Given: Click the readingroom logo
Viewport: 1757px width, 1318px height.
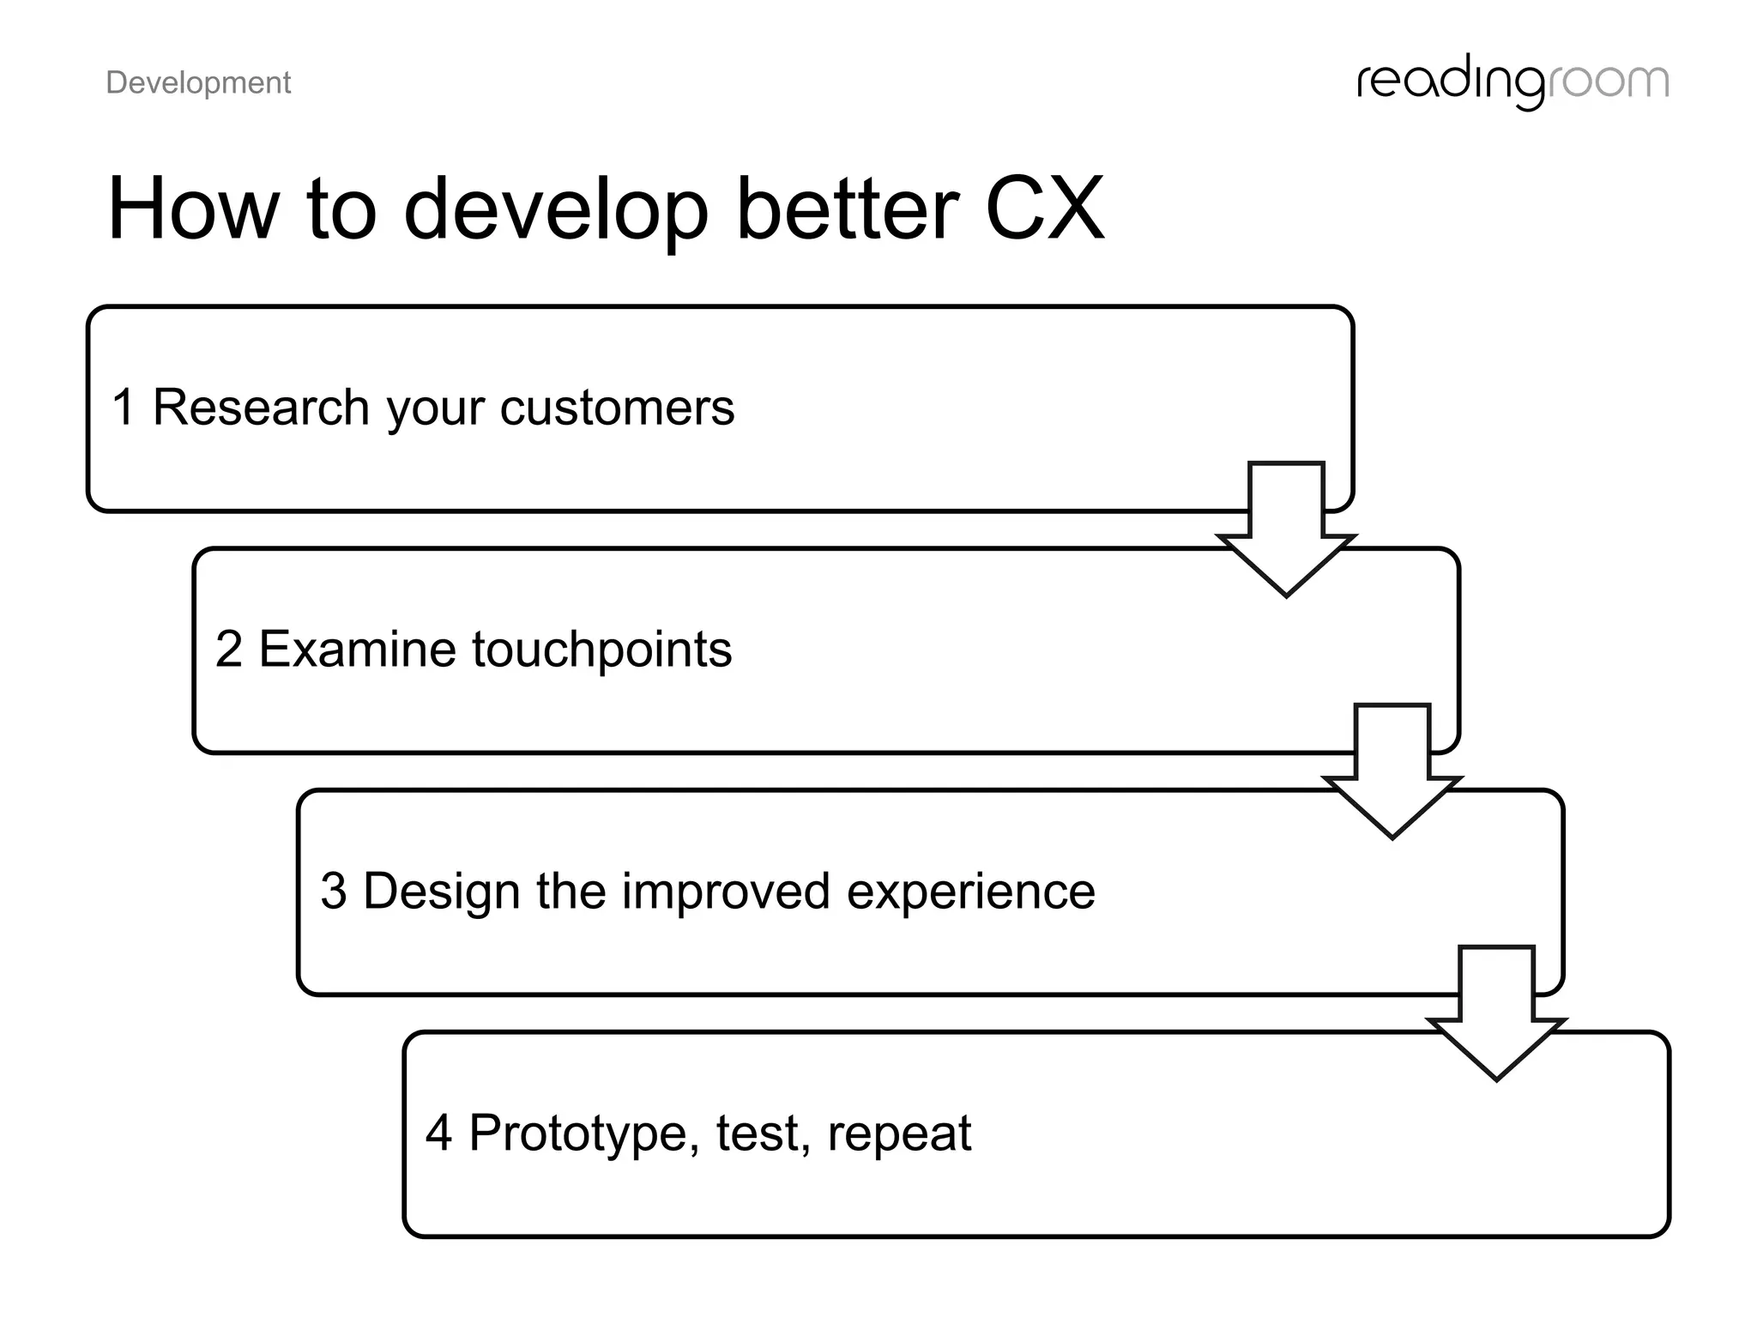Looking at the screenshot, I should pos(1512,82).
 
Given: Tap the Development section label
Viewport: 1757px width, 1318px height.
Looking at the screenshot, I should pos(198,83).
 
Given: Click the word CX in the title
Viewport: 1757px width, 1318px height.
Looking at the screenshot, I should pos(1044,209).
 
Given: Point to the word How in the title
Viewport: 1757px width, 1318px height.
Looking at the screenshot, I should pos(193,209).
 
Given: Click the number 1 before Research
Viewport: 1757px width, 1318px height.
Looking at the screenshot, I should pos(124,407).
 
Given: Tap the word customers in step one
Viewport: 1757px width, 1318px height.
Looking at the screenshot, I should pos(617,408).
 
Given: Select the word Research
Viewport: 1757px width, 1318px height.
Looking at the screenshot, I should pos(261,407).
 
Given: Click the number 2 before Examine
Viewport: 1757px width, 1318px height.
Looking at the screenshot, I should pos(228,649).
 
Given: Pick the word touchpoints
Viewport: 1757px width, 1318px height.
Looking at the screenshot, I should pos(601,650).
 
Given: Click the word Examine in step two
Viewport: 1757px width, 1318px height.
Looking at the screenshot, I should pos(357,649).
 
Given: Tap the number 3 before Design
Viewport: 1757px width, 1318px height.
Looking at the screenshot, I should pos(333,891).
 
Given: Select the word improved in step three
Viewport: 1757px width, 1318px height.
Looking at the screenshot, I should pos(726,892).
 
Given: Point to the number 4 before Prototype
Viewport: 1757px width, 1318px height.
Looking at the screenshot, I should pos(438,1133).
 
